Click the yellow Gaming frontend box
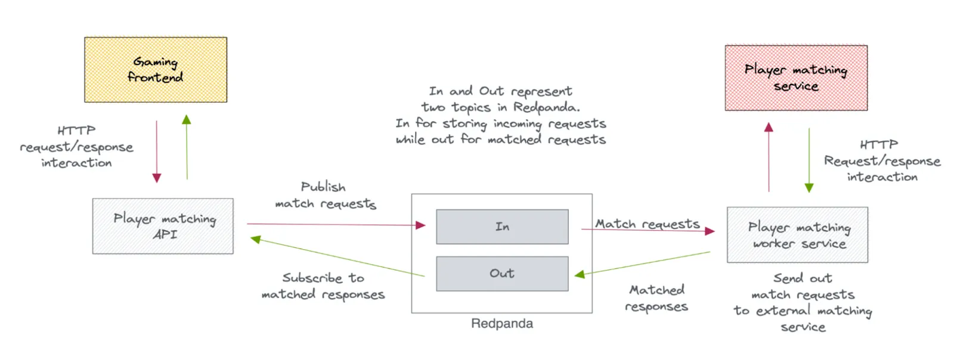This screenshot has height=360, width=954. coord(156,70)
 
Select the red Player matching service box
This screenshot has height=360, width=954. coord(796,78)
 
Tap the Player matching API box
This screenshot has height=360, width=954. coord(163,226)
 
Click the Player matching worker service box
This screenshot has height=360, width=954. coord(797,235)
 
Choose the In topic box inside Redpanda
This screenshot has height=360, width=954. coord(502,226)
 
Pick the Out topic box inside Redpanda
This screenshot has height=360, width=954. coord(502,274)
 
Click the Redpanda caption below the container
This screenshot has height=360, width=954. coord(502,324)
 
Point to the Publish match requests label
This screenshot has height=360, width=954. coord(325,195)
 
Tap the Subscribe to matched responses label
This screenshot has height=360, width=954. coord(323,286)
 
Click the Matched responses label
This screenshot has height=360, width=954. coord(656,298)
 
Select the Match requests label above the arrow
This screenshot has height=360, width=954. coord(647,224)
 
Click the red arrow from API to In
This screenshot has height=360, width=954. coord(334,225)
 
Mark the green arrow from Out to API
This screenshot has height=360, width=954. coord(337,257)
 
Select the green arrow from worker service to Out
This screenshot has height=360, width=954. coord(644,263)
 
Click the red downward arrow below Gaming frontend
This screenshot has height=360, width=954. coord(157,152)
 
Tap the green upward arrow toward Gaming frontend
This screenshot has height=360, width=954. coord(187,148)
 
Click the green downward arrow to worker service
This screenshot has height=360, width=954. coord(809,160)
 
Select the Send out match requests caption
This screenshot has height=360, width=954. coord(803,302)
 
